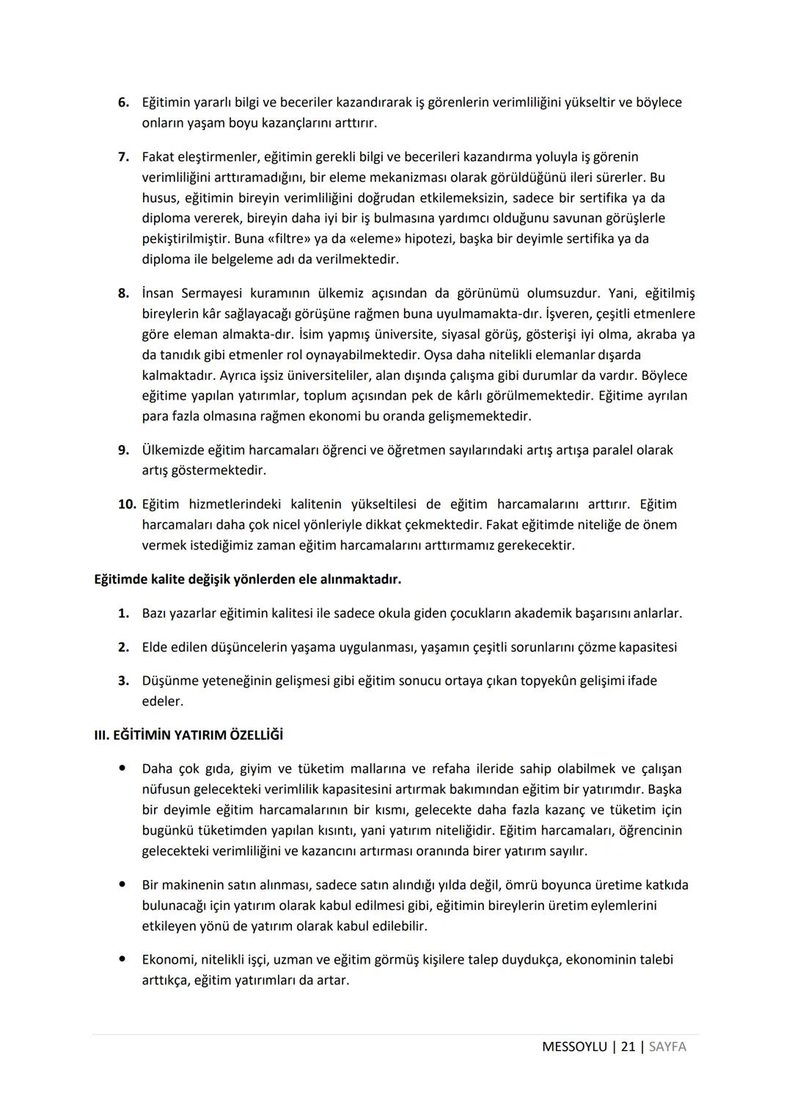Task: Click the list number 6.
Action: [x=123, y=103]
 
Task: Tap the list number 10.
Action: [x=126, y=505]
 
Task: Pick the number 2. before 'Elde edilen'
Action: [x=123, y=647]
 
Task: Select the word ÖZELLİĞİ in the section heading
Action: [x=256, y=735]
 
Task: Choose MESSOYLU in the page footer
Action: [x=574, y=1047]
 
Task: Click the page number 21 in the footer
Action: [x=628, y=1047]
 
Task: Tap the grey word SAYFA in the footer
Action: [x=667, y=1047]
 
